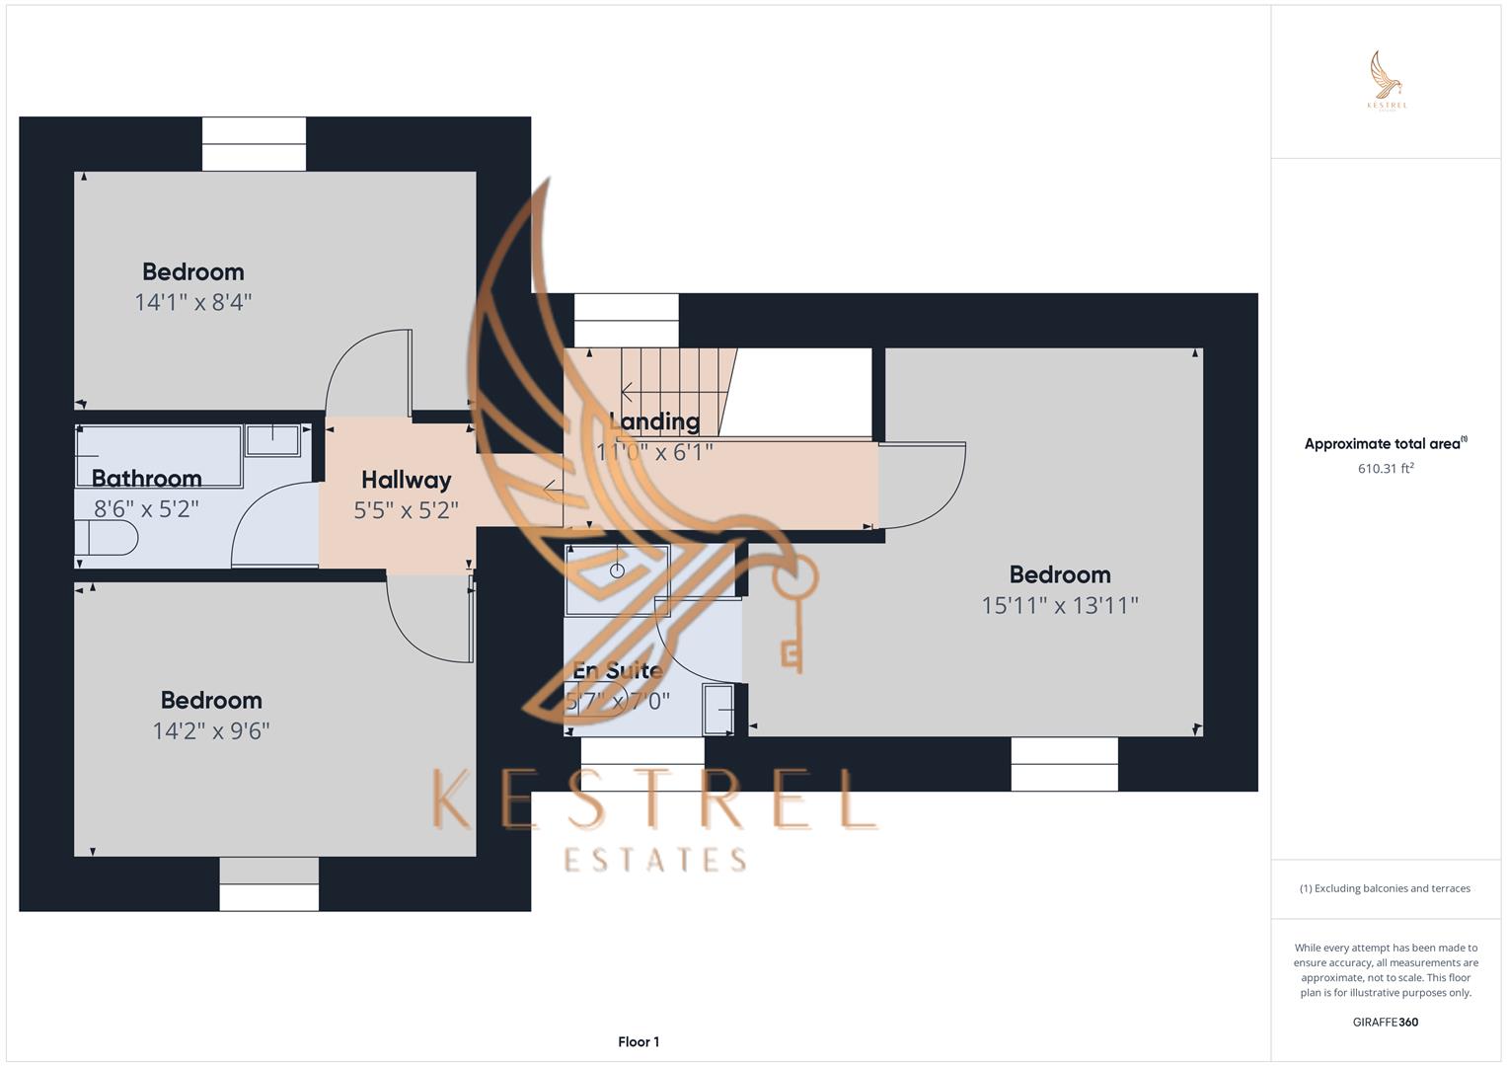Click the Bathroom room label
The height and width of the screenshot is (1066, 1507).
coord(146,479)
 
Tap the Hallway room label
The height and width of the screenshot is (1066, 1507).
coord(406,481)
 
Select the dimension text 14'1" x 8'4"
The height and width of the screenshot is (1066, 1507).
coord(193,302)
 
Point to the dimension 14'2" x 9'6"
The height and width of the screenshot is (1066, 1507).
coord(211,731)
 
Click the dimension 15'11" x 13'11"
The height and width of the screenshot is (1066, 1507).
coord(1060,605)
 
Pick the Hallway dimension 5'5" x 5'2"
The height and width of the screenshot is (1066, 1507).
coord(406,510)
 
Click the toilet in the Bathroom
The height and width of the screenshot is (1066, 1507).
coord(107,538)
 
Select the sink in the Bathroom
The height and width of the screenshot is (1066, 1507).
coord(272,440)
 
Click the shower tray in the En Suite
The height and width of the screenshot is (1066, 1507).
coord(617,578)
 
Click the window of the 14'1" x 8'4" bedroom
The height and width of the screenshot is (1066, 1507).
coord(254,144)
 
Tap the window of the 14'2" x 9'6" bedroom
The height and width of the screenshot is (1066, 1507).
coord(268,884)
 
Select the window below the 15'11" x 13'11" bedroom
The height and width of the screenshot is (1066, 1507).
coord(1064,764)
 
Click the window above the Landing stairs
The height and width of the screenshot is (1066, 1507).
coord(627,307)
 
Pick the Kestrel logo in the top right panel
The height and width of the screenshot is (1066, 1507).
coord(1387,81)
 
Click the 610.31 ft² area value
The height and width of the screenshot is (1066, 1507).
coord(1386,469)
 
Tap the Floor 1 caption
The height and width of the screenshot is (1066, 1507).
coord(639,1042)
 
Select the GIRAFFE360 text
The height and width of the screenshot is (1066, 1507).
coord(1385,1023)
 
